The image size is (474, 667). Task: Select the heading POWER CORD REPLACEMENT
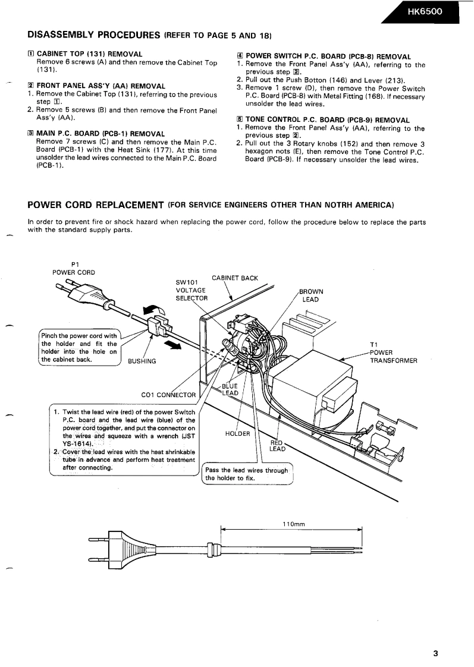[x=96, y=205]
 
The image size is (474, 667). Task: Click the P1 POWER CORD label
[x=74, y=268]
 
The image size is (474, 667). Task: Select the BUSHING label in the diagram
[x=142, y=361]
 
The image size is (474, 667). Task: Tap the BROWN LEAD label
[x=310, y=295]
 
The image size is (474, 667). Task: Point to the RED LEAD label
[x=277, y=446]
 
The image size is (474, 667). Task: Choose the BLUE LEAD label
[x=230, y=389]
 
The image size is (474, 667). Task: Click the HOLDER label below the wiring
[x=238, y=433]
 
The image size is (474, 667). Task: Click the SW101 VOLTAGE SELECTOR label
[x=190, y=290]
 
